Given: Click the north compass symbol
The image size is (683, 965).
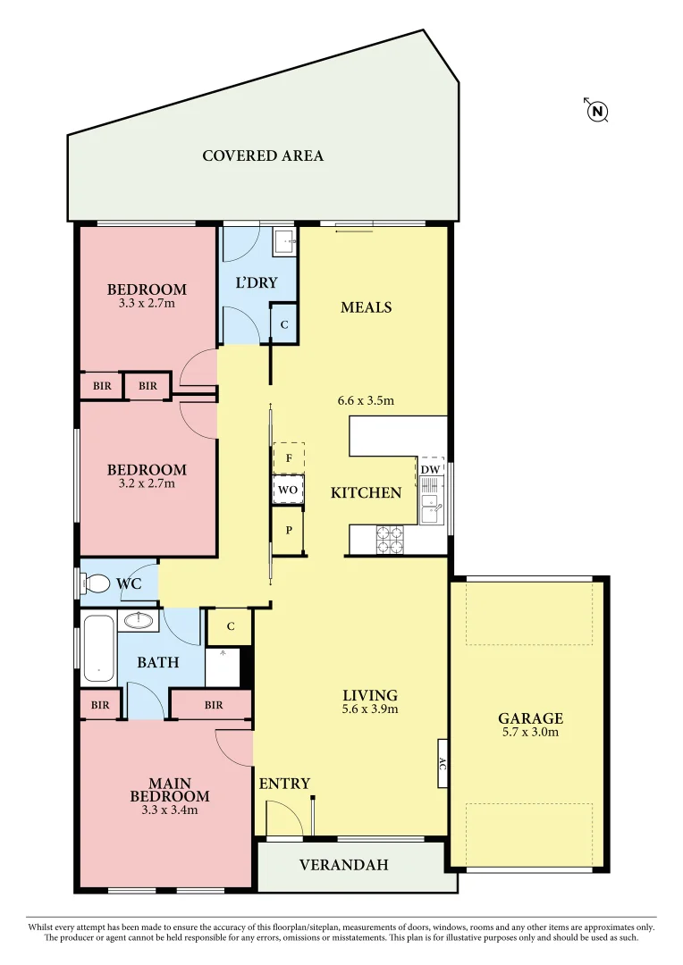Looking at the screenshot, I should tap(597, 111).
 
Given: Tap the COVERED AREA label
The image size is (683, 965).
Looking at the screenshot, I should tap(263, 155).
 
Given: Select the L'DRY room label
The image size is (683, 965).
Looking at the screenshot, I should tap(257, 283).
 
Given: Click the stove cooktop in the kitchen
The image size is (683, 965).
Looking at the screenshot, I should tap(391, 539).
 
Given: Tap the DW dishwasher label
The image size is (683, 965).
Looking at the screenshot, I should tap(430, 469).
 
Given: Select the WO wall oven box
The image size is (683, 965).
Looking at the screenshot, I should tap(288, 490).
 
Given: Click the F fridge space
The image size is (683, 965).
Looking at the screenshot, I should tap(288, 457).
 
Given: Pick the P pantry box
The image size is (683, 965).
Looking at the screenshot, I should tap(288, 529).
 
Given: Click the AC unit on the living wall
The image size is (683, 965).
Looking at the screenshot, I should tap(442, 763).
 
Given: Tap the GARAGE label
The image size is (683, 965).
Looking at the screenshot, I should tap(530, 718).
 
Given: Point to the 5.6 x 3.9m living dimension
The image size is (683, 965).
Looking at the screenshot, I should tap(370, 709).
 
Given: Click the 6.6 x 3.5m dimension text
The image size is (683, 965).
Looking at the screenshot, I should tap(366, 400).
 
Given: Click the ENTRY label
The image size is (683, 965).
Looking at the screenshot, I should tap(284, 784).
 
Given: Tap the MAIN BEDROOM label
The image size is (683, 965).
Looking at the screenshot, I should tap(170, 790).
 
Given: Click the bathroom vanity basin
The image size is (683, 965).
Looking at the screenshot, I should tap(138, 619).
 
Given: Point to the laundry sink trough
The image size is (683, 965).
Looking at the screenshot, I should tap(284, 239).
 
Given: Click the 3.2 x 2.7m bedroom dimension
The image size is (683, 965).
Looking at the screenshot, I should tap(147, 483).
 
